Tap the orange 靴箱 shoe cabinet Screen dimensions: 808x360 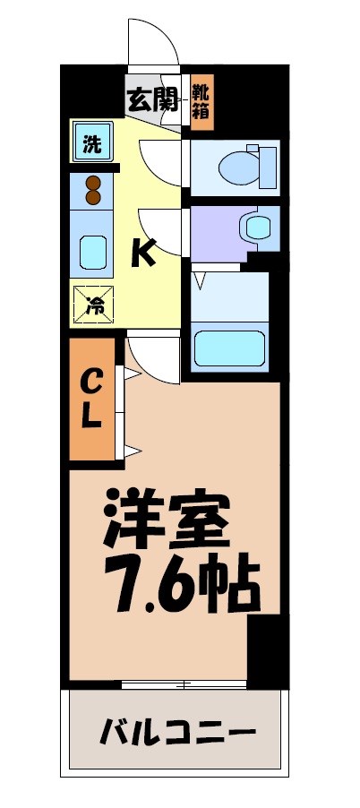point(202,101)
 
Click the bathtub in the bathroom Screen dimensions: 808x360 point(231,347)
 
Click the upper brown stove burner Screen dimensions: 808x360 point(92,183)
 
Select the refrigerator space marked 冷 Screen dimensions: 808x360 point(93,304)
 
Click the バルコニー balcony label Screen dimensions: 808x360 point(176,732)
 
